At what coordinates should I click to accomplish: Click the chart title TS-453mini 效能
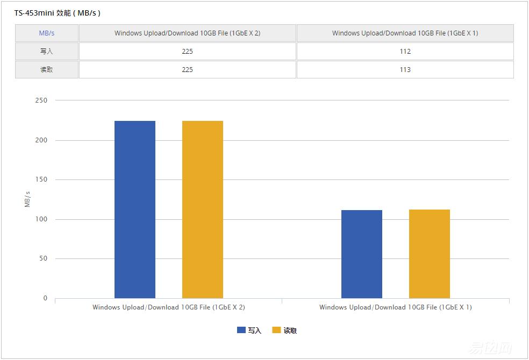(57, 13)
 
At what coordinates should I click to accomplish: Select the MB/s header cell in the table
(47, 33)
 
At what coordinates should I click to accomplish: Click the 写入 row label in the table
(47, 52)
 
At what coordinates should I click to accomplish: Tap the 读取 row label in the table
(47, 70)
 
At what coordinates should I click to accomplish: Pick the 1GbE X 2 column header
(187, 33)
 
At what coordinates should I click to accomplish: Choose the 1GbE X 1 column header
(405, 33)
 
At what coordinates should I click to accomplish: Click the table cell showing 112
(405, 52)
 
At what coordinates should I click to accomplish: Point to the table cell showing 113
(405, 70)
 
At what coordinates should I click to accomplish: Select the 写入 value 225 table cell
(187, 52)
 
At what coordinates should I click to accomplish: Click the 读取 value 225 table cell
(187, 70)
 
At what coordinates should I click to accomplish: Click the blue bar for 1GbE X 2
(135, 210)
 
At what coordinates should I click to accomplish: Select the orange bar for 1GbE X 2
(203, 210)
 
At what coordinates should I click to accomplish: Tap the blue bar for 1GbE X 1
(362, 254)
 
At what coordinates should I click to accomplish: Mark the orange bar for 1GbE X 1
(430, 254)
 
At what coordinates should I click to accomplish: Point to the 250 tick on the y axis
(42, 100)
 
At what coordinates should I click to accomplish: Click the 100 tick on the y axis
(42, 219)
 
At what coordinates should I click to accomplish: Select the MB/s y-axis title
(27, 199)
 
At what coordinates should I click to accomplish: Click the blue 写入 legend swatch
(241, 330)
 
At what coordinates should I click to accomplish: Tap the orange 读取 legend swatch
(277, 330)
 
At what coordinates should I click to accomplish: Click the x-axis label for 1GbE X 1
(395, 307)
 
